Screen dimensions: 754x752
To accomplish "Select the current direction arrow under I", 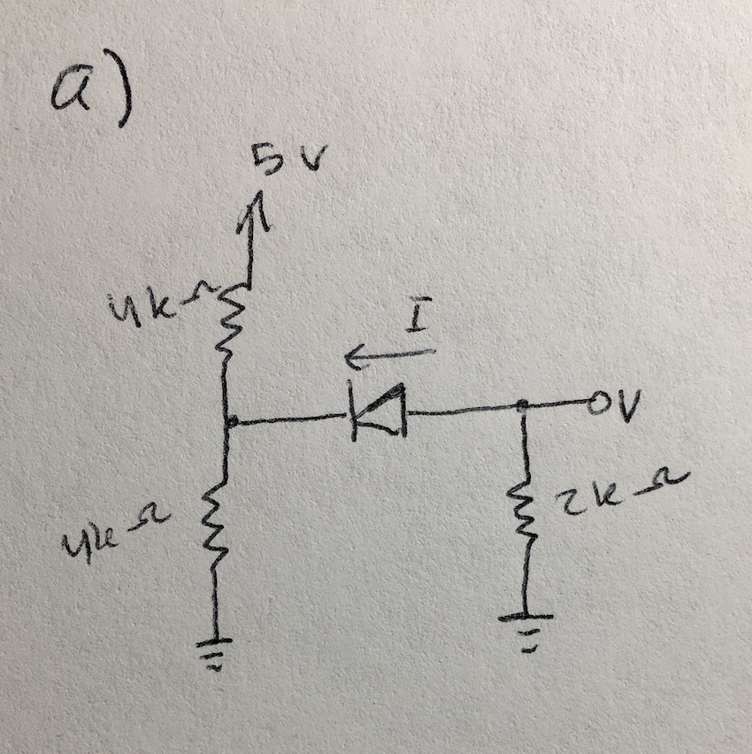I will [389, 356].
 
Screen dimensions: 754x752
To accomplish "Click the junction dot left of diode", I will [229, 422].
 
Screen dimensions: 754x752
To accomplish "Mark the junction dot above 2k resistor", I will [523, 405].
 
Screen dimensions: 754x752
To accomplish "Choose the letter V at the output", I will [631, 404].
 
